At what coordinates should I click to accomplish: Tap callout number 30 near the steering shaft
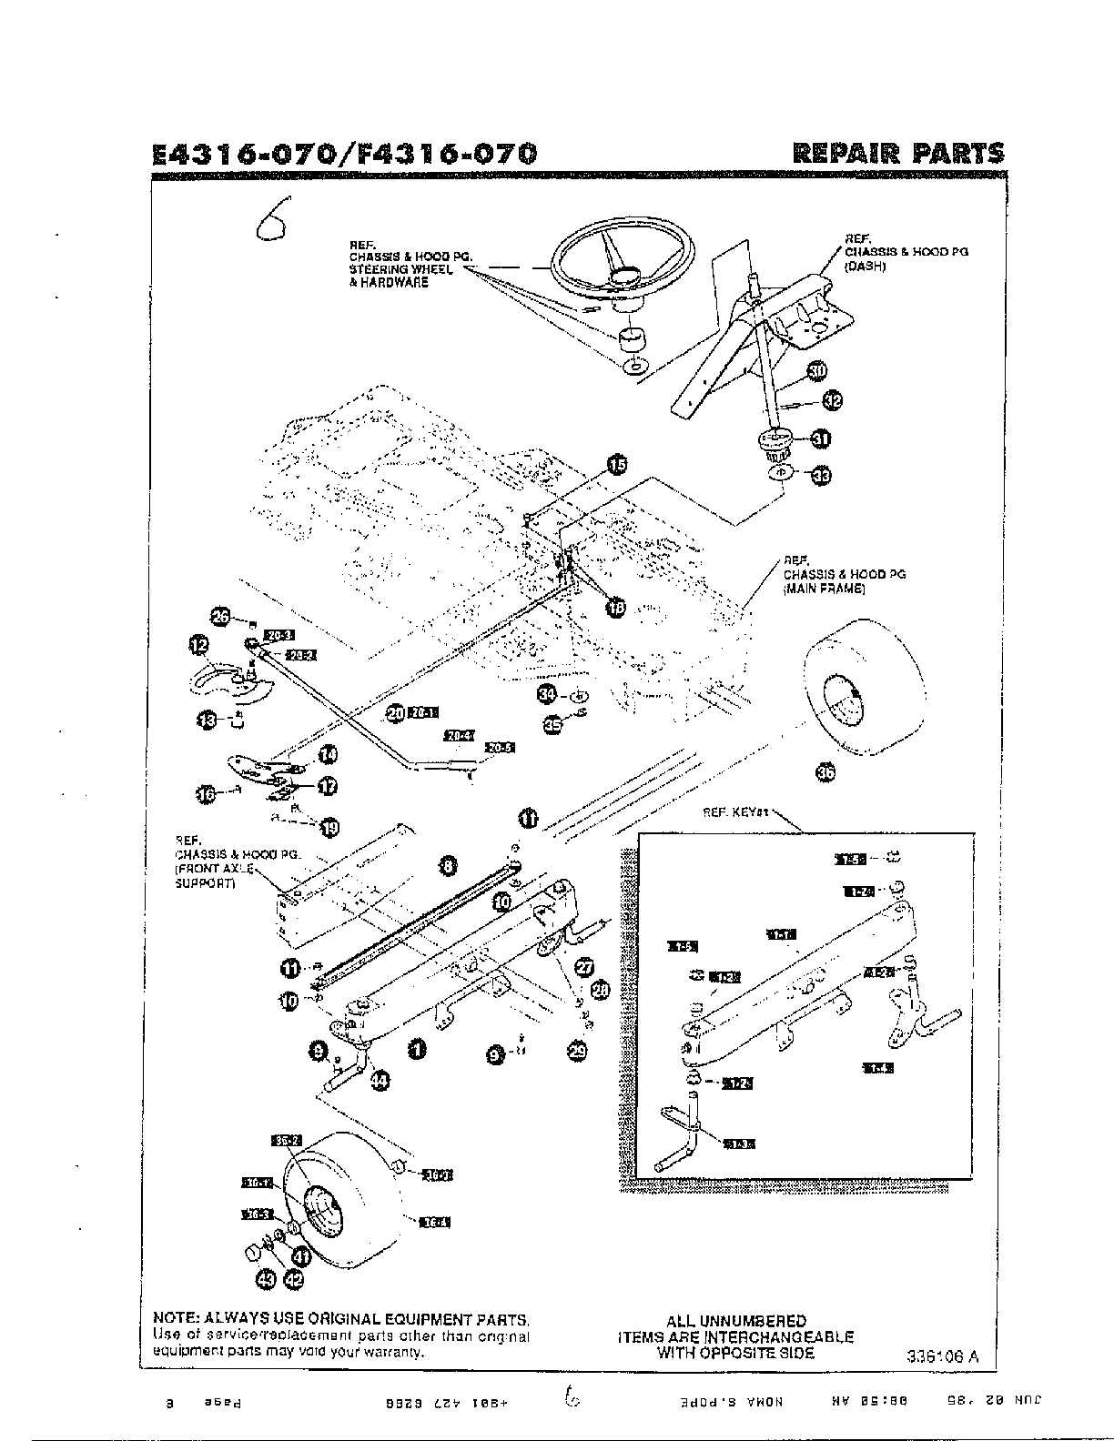coord(816,371)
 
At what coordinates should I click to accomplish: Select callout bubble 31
coord(821,439)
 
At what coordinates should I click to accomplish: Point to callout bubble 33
coord(821,475)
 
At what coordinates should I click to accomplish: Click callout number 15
coord(617,465)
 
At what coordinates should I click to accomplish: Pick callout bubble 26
coord(220,616)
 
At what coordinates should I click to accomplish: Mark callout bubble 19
coord(329,827)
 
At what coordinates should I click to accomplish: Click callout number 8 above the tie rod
coord(448,866)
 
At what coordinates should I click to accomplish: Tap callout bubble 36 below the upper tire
coord(825,772)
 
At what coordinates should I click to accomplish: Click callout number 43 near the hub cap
coord(266,1279)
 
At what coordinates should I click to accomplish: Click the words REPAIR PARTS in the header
coord(898,152)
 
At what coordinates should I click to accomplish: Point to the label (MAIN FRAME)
coord(824,589)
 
